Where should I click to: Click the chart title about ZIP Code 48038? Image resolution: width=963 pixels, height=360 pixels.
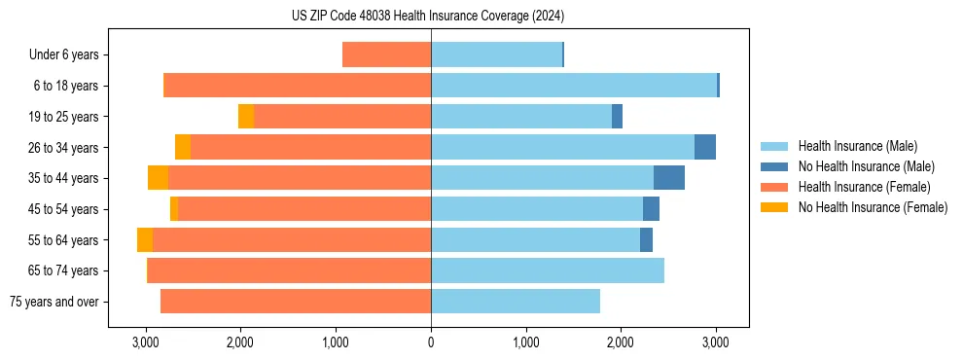pos(427,17)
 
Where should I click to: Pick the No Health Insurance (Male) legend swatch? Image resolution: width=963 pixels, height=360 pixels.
pos(774,167)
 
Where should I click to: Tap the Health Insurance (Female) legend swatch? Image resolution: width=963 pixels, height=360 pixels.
pos(774,187)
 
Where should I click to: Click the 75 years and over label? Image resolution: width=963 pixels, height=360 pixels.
pos(53,302)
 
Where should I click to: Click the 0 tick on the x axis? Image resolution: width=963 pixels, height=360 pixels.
pos(431,342)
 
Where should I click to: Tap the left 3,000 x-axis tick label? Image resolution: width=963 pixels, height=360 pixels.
pos(146,342)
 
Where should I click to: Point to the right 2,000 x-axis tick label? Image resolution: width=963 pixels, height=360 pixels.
pos(621,342)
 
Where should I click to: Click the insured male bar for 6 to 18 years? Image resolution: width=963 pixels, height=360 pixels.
pos(574,86)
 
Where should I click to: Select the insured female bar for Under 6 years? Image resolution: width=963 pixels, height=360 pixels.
pos(386,55)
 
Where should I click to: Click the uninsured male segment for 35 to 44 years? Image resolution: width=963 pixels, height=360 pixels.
pos(668,178)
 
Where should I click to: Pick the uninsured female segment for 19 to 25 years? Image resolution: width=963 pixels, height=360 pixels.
pos(246,117)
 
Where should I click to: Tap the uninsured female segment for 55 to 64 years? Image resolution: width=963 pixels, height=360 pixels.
pos(145,240)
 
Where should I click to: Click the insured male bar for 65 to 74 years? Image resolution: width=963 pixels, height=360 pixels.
pos(547,270)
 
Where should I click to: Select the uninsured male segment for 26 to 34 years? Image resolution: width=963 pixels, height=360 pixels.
pos(704,148)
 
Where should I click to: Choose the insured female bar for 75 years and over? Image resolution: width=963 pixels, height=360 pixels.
pos(296,302)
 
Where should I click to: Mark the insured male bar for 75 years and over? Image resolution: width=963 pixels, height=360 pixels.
pos(516,302)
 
